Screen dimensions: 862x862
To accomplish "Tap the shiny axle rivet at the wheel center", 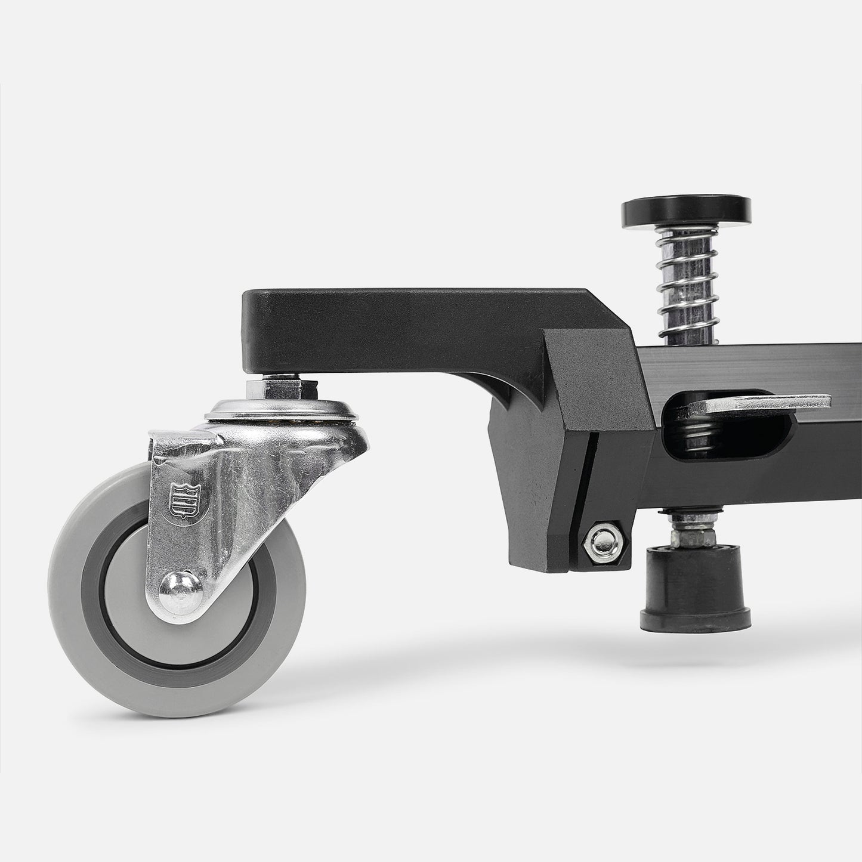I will tap(178, 588).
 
